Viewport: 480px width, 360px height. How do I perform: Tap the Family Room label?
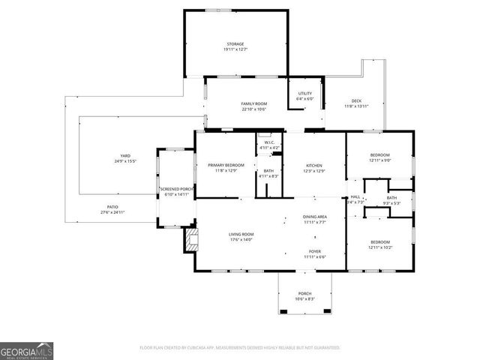pyautogui.click(x=254, y=103)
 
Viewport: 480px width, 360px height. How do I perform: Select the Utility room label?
pyautogui.click(x=304, y=93)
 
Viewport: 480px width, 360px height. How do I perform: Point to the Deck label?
pyautogui.click(x=356, y=101)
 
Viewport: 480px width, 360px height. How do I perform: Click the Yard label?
pyautogui.click(x=125, y=156)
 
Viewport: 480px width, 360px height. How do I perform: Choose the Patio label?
pyautogui.click(x=112, y=207)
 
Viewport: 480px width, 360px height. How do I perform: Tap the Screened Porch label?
pyautogui.click(x=176, y=189)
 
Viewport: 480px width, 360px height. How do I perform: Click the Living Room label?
pyautogui.click(x=241, y=235)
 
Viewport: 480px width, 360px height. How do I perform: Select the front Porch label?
pyautogui.click(x=304, y=293)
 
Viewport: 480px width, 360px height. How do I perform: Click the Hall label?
pyautogui.click(x=355, y=196)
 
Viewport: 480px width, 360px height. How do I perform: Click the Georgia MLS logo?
pyautogui.click(x=26, y=350)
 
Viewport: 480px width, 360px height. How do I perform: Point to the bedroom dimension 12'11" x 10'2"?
pyautogui.click(x=379, y=247)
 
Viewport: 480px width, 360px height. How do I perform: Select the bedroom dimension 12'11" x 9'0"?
pyautogui.click(x=379, y=160)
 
